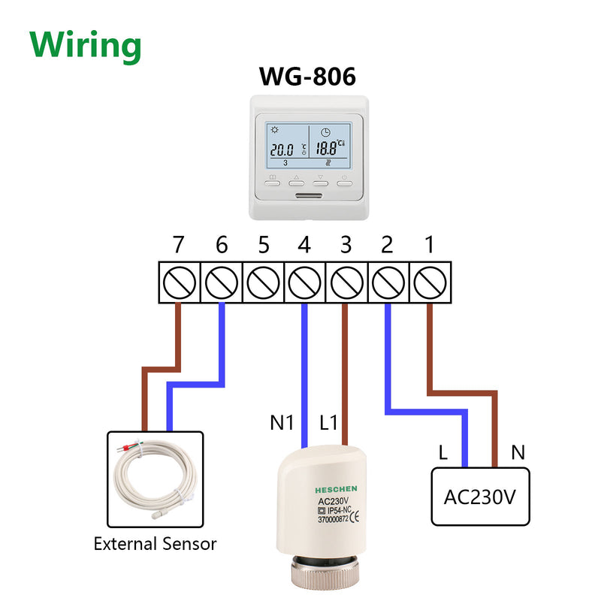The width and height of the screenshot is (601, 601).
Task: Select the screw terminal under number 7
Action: [178, 282]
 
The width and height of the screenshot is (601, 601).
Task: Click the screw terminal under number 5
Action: [263, 282]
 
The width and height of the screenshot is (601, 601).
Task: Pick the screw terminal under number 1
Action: [430, 282]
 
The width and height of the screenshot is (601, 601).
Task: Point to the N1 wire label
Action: [282, 423]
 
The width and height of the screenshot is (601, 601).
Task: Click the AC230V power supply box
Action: [480, 497]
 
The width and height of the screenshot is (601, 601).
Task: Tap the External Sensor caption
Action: [155, 543]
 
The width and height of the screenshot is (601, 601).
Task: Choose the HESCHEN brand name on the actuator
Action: [336, 488]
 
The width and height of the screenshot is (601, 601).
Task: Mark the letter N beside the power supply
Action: [517, 452]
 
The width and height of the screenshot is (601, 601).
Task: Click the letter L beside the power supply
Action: [444, 452]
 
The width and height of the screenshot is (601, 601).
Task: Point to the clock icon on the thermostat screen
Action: [325, 132]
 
